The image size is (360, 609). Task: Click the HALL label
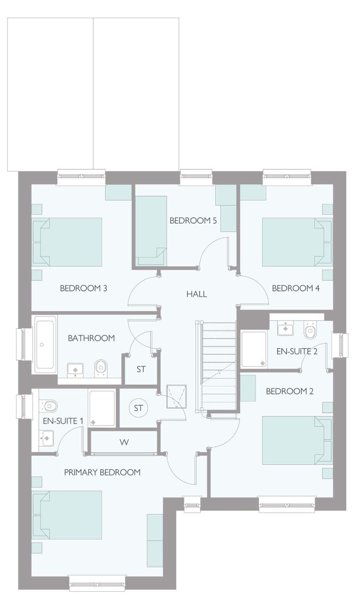point(197,294)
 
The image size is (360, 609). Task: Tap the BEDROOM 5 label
point(193,220)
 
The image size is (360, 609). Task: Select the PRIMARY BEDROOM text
point(102,472)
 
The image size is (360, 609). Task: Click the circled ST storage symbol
point(138,408)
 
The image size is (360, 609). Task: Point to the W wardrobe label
point(124,443)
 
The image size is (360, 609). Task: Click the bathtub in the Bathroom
point(45,344)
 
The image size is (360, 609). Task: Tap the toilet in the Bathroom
point(101,368)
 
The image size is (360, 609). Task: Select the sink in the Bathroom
point(75,370)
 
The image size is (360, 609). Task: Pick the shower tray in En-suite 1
point(102,409)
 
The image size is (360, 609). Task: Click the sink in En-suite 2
point(285,328)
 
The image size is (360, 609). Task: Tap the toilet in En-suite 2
point(310,330)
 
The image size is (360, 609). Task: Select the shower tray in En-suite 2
point(253,349)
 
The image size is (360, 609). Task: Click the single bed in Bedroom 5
point(151,230)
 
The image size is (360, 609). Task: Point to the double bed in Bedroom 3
point(67,242)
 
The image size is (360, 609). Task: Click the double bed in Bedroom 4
point(297,242)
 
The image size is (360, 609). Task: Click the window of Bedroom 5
point(196,174)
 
